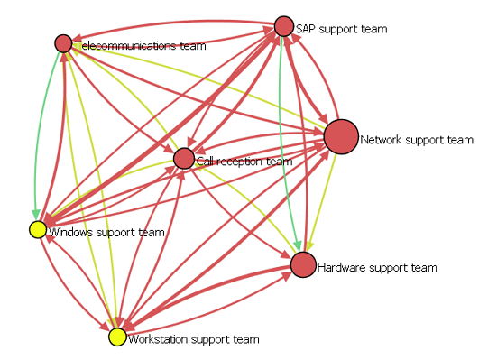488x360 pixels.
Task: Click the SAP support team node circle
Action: (x=284, y=26)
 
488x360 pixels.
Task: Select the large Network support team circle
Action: (x=341, y=137)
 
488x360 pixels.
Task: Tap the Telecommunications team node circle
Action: (x=63, y=43)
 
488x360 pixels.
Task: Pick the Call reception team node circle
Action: (x=184, y=159)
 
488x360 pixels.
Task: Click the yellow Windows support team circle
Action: (x=38, y=230)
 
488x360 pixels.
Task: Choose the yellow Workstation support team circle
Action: (x=117, y=337)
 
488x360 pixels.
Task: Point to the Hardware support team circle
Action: (x=303, y=264)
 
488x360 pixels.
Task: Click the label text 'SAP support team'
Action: (x=341, y=29)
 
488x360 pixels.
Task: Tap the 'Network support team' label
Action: (x=417, y=140)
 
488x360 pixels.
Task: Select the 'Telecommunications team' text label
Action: (x=141, y=46)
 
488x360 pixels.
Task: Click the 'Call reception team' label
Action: (x=244, y=162)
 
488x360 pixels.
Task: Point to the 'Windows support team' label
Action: (x=106, y=232)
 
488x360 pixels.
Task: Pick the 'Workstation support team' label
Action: (x=194, y=339)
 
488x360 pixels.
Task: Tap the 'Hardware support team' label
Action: (x=377, y=268)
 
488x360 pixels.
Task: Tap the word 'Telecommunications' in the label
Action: (x=125, y=46)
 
